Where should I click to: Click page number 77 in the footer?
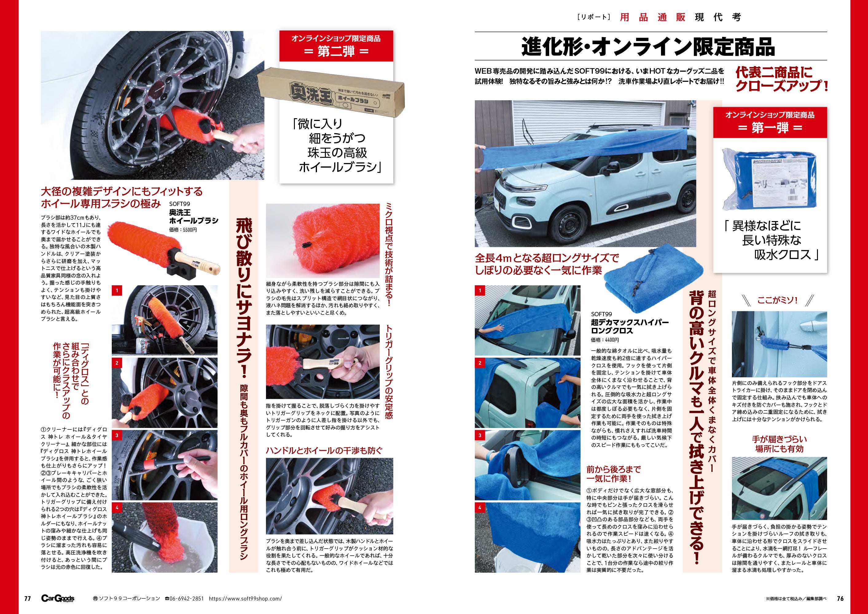point(27,599)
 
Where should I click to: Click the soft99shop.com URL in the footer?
point(245,599)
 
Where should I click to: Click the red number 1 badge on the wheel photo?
point(117,290)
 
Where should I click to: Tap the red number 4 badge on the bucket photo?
point(117,508)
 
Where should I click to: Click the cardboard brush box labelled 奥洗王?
point(330,92)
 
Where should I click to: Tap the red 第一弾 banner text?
point(770,128)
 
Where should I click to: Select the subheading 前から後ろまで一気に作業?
point(614,474)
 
